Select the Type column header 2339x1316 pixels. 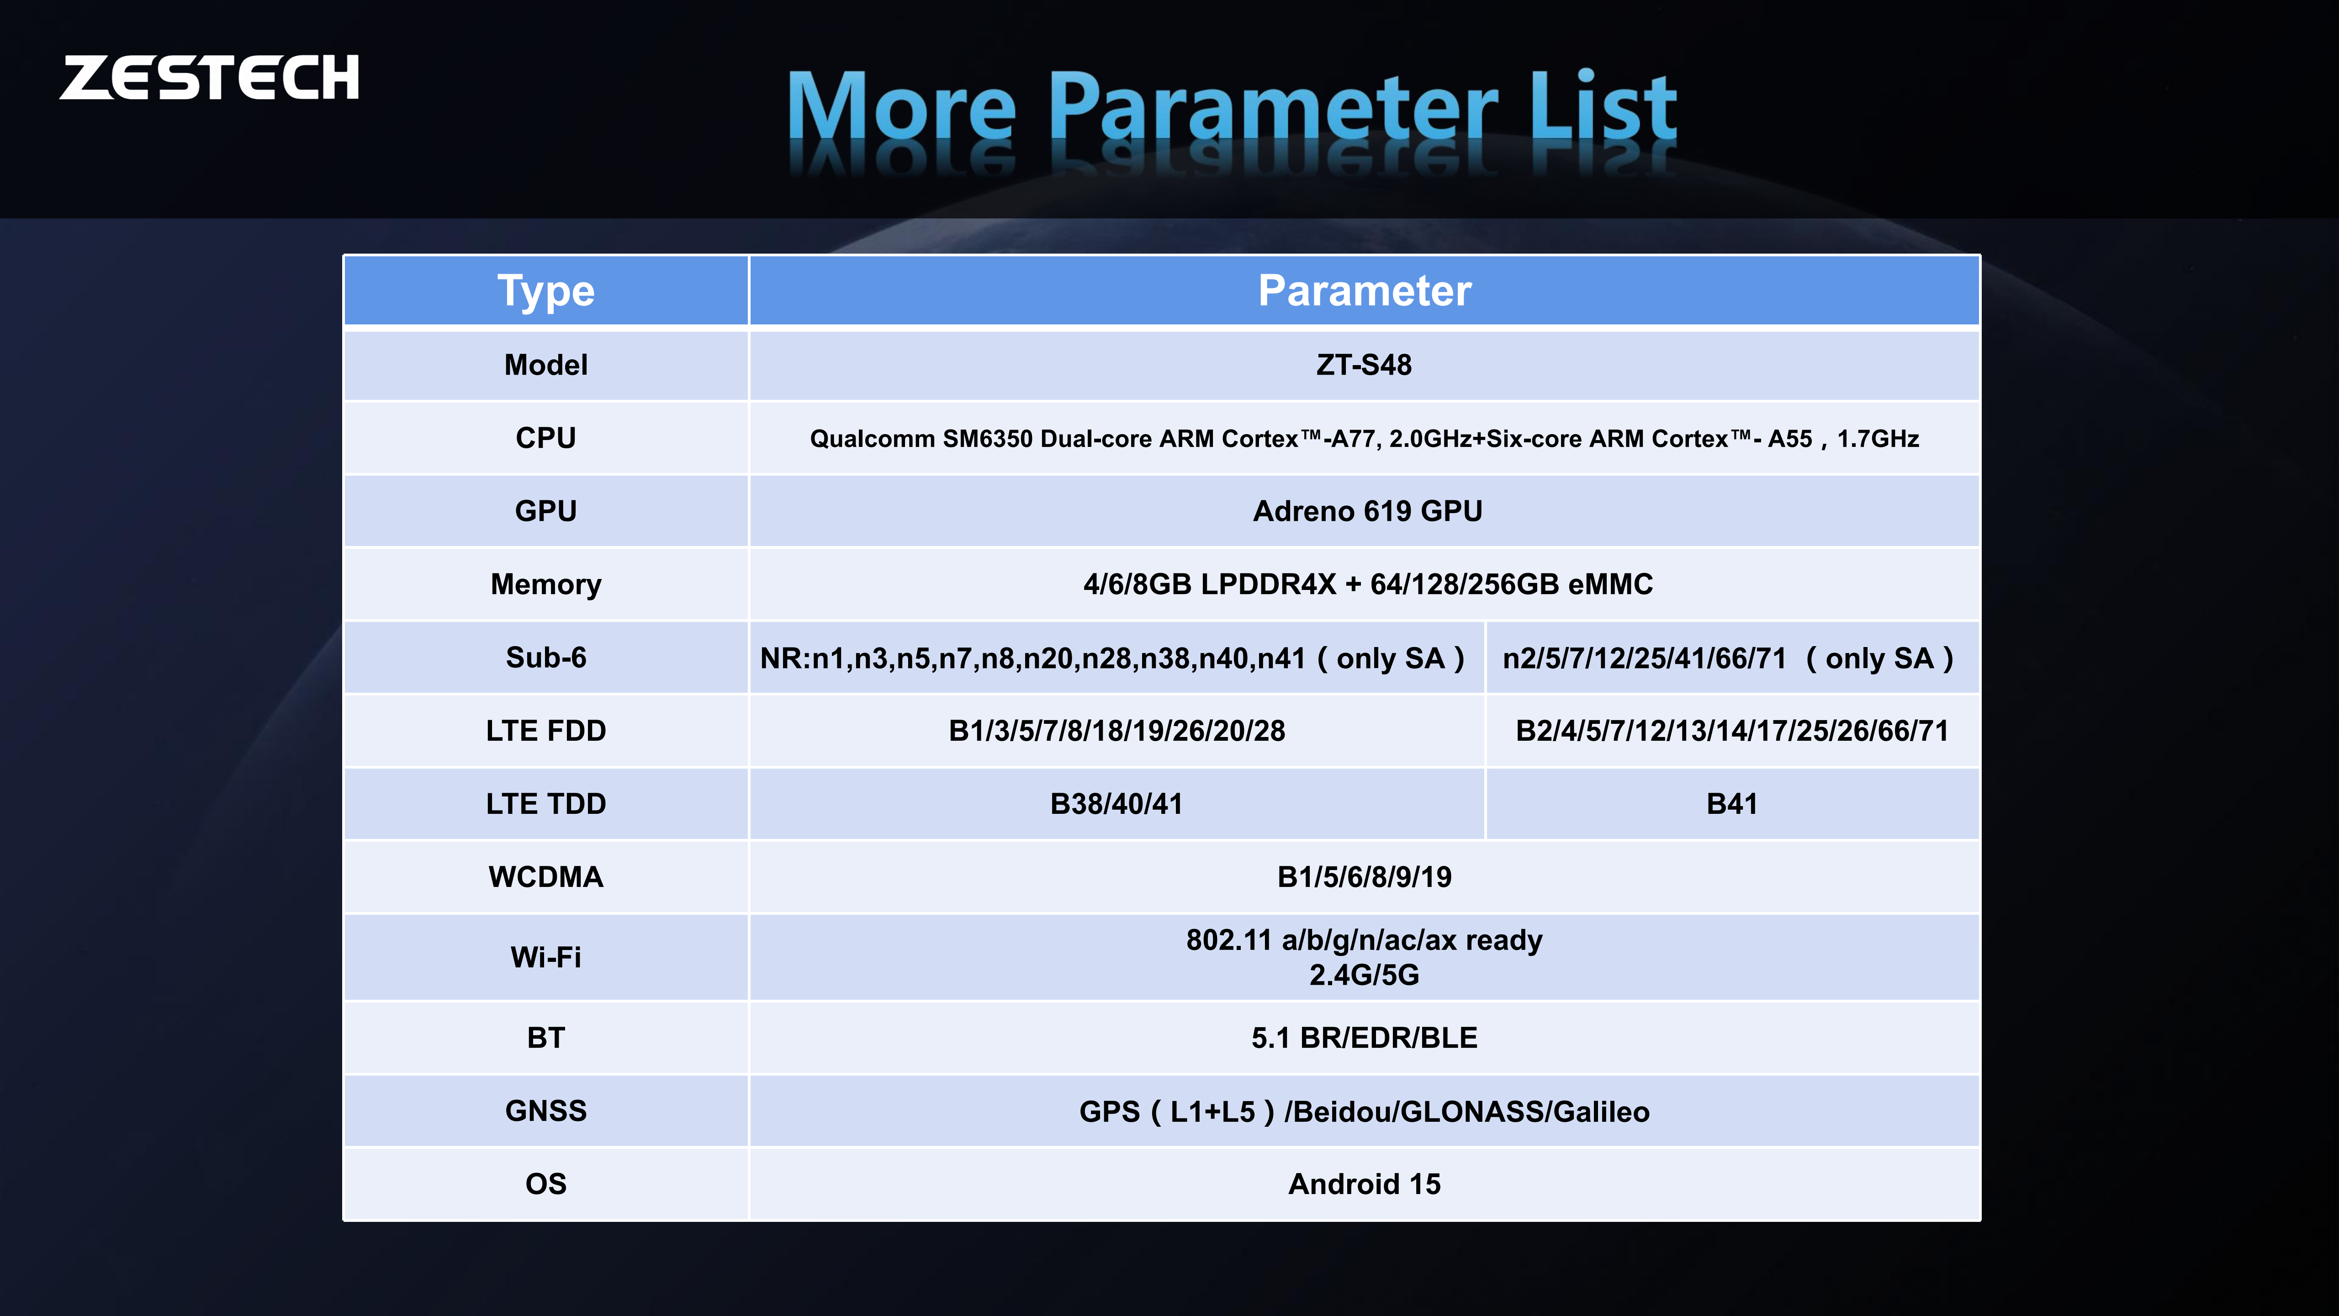point(546,291)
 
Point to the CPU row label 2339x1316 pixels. point(546,438)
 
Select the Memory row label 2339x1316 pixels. point(546,584)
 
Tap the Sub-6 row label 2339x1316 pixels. point(546,658)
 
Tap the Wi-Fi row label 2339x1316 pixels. point(546,957)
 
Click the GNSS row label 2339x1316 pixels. point(546,1111)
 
